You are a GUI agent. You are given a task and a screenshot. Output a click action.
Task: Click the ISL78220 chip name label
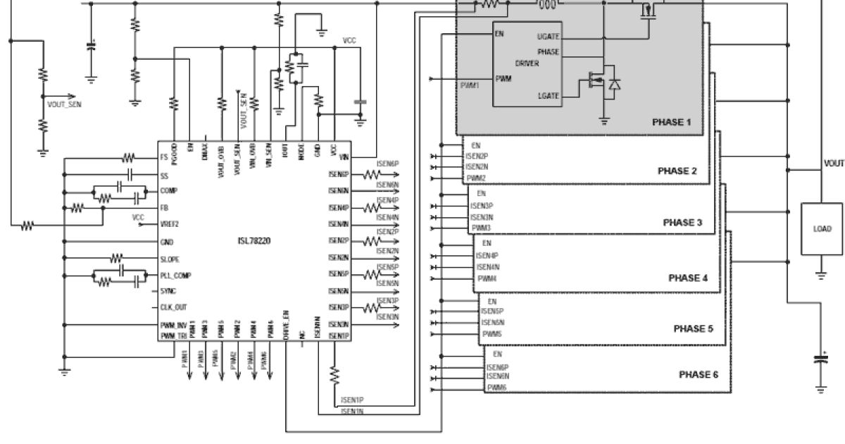click(254, 241)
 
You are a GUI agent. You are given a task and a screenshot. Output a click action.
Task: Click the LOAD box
click(822, 228)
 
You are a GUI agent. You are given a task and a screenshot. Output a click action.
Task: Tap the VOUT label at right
click(833, 163)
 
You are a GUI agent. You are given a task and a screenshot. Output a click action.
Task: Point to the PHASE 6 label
click(699, 374)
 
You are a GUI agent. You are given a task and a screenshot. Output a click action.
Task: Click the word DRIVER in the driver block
click(527, 63)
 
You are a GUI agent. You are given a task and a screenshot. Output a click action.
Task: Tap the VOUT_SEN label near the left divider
click(64, 102)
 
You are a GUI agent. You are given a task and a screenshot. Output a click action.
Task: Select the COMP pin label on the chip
click(169, 191)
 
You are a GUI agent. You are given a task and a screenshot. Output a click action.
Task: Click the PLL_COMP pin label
click(175, 276)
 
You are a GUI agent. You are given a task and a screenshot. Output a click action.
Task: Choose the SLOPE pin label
click(170, 259)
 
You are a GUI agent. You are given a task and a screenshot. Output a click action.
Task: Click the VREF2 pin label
click(170, 225)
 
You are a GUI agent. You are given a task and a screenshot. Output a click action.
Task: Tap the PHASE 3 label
click(683, 223)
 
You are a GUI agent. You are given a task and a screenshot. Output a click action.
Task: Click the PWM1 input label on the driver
click(470, 85)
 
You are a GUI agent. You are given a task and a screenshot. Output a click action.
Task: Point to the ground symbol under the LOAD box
click(821, 277)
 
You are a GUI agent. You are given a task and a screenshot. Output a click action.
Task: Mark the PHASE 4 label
click(687, 278)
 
